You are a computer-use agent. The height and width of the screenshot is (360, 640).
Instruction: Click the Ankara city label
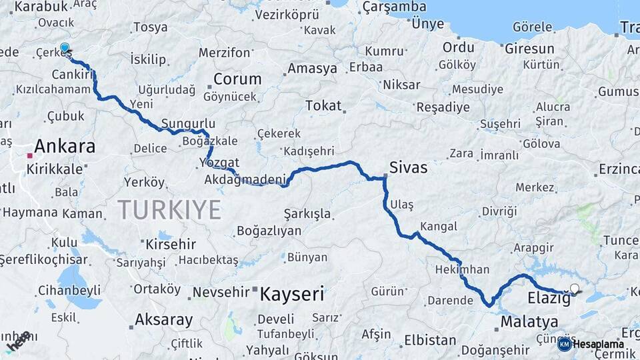click(65, 146)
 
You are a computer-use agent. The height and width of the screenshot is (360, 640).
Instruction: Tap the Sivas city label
click(409, 167)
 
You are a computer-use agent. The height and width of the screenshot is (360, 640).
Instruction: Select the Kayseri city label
click(291, 294)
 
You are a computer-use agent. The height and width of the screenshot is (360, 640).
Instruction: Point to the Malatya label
click(529, 322)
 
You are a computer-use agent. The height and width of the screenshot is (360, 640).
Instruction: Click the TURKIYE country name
click(169, 209)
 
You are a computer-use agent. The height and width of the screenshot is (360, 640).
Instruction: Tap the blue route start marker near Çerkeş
click(65, 48)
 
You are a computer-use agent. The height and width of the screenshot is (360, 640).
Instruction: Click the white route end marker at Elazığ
click(575, 289)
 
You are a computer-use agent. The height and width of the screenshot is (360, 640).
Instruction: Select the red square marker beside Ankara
click(29, 155)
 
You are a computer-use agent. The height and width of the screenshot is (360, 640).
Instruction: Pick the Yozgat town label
click(219, 163)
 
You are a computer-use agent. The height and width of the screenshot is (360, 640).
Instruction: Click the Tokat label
click(323, 105)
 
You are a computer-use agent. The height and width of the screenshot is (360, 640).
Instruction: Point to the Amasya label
click(313, 69)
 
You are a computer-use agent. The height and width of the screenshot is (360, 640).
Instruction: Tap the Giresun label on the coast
click(529, 49)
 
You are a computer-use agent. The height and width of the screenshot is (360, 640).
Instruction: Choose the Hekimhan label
click(462, 270)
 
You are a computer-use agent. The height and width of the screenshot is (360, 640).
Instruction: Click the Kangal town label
click(439, 227)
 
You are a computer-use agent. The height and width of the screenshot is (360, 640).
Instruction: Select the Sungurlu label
click(189, 124)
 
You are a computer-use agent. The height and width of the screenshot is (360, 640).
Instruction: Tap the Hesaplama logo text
click(598, 344)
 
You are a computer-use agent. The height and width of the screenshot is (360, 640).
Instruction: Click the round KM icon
click(564, 344)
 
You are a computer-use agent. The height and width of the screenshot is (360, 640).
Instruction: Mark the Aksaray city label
click(163, 319)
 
